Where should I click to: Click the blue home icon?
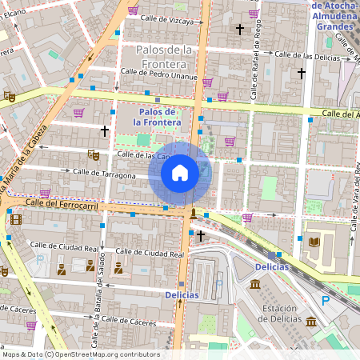(x=180, y=172)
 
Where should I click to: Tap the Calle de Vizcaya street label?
(x=166, y=22)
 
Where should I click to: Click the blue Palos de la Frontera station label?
(x=159, y=117)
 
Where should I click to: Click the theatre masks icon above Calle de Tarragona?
(x=93, y=152)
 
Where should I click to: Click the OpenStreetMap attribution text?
(x=80, y=354)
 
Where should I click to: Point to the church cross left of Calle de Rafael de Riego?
(x=238, y=30)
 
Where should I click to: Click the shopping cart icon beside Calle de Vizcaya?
(x=133, y=10)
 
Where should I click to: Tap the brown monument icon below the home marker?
(x=193, y=213)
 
